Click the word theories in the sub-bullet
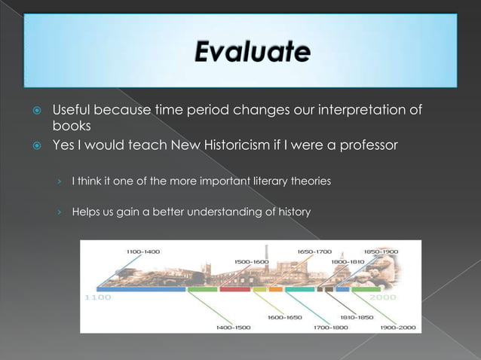309,182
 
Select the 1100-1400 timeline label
142,251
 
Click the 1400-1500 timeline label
234,327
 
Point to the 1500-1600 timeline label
251,261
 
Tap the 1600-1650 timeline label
284,317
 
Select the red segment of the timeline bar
235,288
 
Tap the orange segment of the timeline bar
276,288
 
